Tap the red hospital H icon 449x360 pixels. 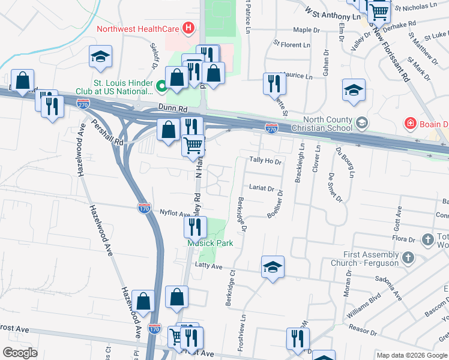[188, 28]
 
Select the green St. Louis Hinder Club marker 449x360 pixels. [161, 88]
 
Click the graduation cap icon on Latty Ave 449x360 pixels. [273, 266]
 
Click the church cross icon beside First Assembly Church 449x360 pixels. [408, 259]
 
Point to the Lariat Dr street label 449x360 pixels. [262, 188]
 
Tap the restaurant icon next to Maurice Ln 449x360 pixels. [274, 83]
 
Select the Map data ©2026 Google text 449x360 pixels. [412, 355]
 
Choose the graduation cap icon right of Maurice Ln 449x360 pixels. [354, 90]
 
